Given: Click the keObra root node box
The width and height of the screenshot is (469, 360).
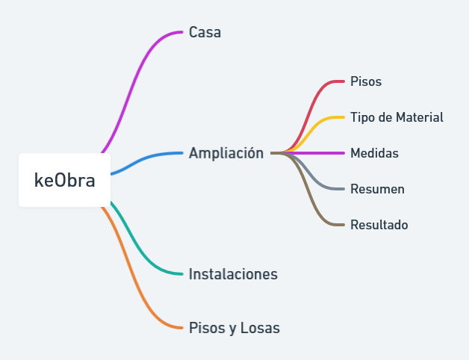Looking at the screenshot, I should point(65,180).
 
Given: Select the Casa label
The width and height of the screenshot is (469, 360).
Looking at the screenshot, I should point(205,32).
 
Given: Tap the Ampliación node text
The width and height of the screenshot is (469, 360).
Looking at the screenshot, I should point(226,153).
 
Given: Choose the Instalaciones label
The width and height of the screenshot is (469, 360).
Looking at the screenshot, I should point(233,274).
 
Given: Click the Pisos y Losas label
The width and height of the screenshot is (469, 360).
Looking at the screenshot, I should point(234,328).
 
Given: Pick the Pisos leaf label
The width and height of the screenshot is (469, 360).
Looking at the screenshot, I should point(366,81).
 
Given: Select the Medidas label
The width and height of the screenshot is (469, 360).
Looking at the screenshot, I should point(374,153).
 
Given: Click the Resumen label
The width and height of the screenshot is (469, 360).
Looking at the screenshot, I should point(377,189).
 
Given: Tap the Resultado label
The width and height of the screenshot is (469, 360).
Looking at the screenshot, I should point(379,225).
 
